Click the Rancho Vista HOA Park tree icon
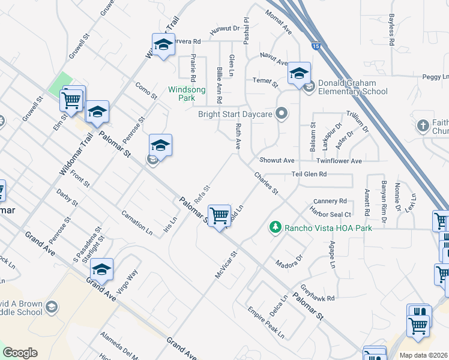[x=276, y=227]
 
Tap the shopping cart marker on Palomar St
[x=220, y=216]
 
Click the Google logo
[x=20, y=353]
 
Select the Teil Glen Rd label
[x=309, y=174]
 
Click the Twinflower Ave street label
[x=339, y=161]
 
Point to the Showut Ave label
[x=277, y=161]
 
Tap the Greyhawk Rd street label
[x=318, y=293]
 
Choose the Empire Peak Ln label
[x=266, y=322]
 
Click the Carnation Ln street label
[x=137, y=222]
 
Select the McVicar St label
[x=227, y=264]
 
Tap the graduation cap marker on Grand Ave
[x=102, y=271]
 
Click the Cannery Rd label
[x=330, y=201]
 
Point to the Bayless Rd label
[x=391, y=31]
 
